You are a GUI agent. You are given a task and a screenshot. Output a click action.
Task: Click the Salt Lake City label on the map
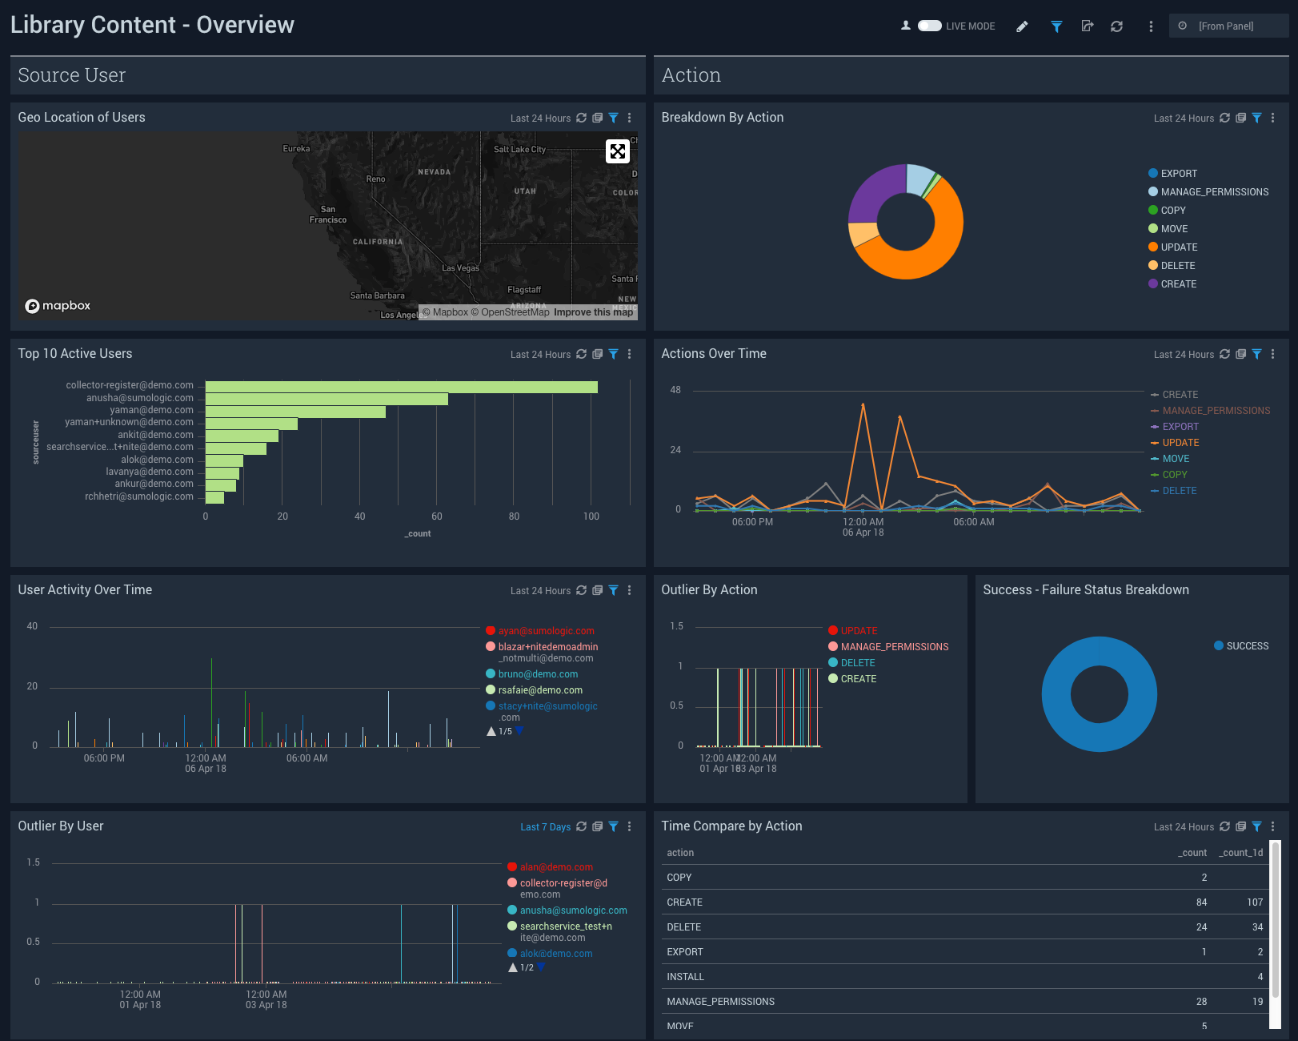coord(519,150)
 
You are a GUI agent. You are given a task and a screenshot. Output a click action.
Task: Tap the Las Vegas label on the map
coord(460,268)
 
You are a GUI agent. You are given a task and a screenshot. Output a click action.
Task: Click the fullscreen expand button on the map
coord(618,151)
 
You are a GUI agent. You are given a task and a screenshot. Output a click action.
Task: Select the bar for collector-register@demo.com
coord(401,387)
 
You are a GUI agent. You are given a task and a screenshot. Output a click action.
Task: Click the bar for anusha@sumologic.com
coord(327,399)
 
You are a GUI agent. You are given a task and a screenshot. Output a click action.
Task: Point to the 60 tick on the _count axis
coord(437,516)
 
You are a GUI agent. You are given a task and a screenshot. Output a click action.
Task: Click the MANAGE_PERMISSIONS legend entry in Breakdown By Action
coord(1214,192)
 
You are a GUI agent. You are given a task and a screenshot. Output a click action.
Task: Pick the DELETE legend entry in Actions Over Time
coord(1179,491)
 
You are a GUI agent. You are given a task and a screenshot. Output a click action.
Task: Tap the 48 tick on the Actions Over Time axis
coord(675,390)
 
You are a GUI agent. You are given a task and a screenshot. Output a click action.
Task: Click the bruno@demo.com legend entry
coord(538,674)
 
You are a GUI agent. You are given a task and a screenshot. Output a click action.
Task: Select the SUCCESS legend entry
coord(1247,646)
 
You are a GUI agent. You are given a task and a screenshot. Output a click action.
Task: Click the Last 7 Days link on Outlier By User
coord(545,827)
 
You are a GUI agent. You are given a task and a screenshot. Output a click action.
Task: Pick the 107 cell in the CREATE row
coord(1254,902)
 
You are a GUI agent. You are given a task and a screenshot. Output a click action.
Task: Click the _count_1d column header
coord(1240,853)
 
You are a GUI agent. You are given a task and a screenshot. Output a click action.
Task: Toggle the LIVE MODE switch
coord(929,26)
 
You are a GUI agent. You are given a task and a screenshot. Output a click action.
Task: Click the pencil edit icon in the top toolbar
coord(1022,26)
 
